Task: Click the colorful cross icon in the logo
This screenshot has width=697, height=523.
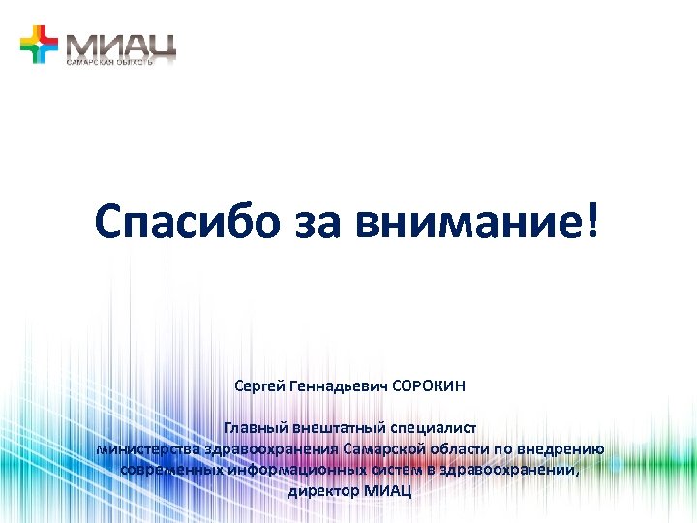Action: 40,45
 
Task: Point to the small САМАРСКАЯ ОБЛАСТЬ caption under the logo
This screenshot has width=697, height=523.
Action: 109,61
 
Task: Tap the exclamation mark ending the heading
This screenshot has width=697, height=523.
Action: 592,224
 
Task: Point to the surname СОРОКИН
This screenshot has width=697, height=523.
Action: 429,386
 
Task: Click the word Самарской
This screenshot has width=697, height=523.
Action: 380,448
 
